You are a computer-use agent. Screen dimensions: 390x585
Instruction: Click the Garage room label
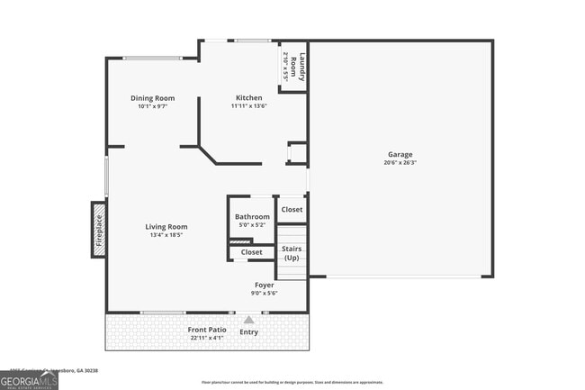(400, 154)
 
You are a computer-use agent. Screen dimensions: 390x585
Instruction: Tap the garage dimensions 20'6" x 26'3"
(400, 163)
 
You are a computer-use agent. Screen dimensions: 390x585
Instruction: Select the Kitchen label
(249, 98)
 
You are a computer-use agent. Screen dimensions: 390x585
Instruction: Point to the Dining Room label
(152, 98)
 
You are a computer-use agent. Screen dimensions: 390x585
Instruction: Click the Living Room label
(166, 227)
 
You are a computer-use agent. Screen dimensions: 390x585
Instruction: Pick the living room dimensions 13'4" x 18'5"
(166, 236)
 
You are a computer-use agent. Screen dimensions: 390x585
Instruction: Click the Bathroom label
(252, 217)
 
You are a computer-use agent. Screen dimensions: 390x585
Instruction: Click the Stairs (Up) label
(292, 253)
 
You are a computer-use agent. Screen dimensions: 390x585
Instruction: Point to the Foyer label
(264, 285)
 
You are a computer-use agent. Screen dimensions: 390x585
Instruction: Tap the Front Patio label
(207, 330)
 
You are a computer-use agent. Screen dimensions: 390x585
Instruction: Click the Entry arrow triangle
(249, 319)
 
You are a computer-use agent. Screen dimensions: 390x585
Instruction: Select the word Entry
(249, 332)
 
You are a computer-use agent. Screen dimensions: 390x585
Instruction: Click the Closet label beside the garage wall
(292, 210)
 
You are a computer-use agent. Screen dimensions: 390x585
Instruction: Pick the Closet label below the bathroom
(252, 252)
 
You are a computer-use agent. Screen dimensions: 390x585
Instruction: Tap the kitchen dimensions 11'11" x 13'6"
(249, 107)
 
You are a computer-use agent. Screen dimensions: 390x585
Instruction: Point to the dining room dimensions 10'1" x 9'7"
(152, 107)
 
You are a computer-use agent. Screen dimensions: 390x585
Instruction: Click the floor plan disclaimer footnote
(292, 382)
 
